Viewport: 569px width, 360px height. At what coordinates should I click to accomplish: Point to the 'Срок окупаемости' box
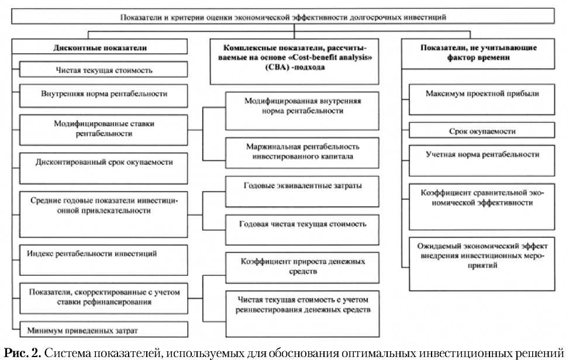tap(482, 131)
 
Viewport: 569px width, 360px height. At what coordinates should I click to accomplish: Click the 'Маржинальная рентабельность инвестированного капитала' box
tap(302, 151)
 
